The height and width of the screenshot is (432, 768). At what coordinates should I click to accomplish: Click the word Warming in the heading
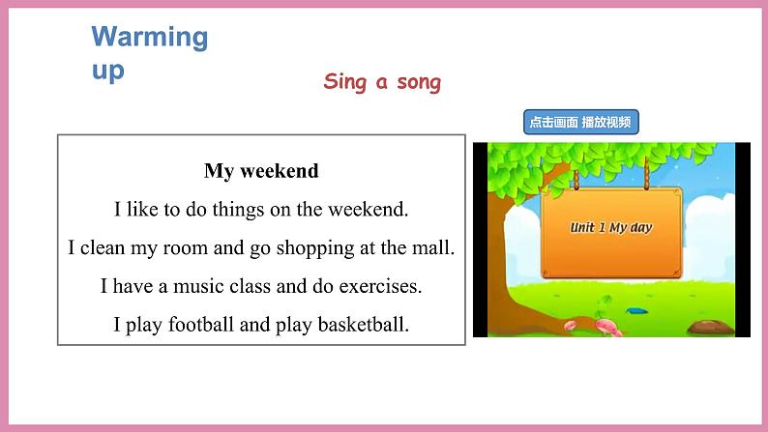(x=149, y=38)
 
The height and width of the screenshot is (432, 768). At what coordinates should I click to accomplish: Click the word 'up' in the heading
(x=107, y=70)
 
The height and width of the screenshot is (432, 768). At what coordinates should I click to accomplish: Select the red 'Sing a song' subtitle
(x=382, y=82)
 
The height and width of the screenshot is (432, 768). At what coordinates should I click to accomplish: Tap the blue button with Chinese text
(x=581, y=122)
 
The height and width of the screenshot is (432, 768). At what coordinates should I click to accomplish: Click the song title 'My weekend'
(x=261, y=171)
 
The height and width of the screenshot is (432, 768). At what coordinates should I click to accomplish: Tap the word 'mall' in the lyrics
(x=434, y=247)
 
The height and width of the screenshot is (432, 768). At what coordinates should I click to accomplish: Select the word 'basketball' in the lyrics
(x=364, y=325)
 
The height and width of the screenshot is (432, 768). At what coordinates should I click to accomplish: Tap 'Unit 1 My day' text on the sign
(x=611, y=228)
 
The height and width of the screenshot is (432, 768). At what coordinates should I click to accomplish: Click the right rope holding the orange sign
(x=645, y=175)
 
